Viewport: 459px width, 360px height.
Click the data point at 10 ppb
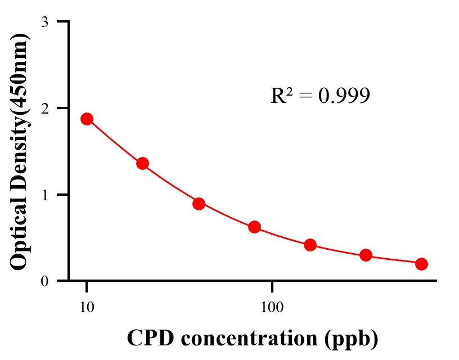(87, 119)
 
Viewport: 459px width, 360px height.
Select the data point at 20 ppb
(142, 164)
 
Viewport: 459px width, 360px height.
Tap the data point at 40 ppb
(199, 204)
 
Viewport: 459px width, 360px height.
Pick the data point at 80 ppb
(254, 227)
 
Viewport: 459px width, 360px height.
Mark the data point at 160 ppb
(310, 245)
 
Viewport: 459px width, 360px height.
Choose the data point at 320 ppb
(366, 255)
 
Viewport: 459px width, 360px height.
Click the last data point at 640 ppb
(421, 264)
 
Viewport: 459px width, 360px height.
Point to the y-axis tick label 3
(44, 22)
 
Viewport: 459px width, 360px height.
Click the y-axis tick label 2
(44, 108)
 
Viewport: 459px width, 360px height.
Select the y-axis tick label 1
(44, 195)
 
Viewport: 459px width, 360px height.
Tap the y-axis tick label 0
(44, 281)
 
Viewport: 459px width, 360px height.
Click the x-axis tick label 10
(87, 307)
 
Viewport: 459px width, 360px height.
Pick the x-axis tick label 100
(272, 307)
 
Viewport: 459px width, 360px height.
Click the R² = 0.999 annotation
(320, 96)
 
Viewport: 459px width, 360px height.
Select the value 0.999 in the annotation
(344, 96)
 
